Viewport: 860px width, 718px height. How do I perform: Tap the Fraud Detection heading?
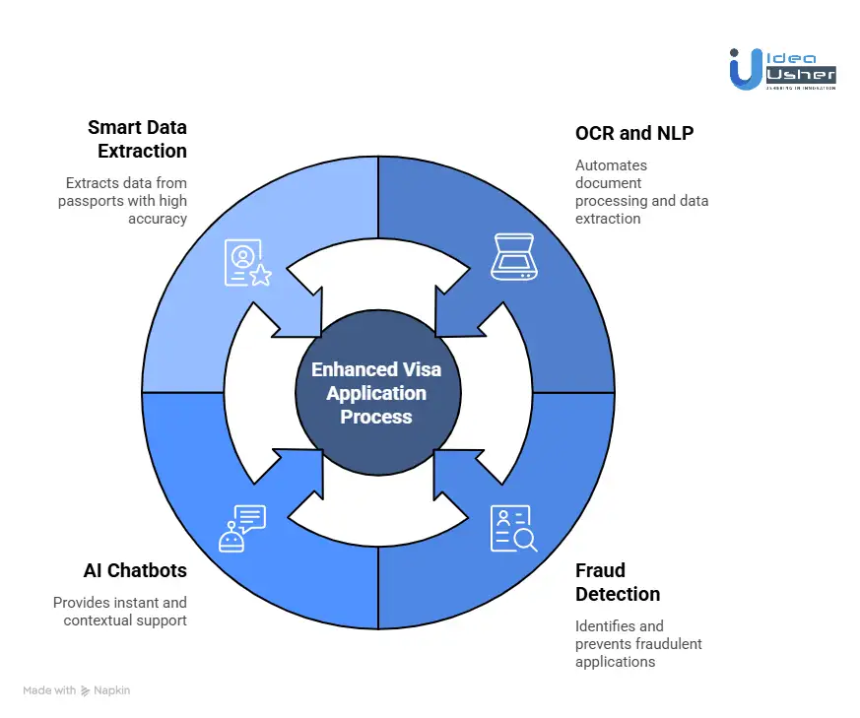pos(617,582)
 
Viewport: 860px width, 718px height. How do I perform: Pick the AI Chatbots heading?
pos(134,570)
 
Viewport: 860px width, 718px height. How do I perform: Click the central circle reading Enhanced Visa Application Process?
pos(377,393)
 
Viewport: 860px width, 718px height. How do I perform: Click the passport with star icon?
pos(247,263)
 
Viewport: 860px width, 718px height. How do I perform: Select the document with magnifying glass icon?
pos(512,528)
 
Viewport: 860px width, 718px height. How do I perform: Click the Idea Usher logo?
pos(782,69)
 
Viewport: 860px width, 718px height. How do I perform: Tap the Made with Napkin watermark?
pos(76,690)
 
